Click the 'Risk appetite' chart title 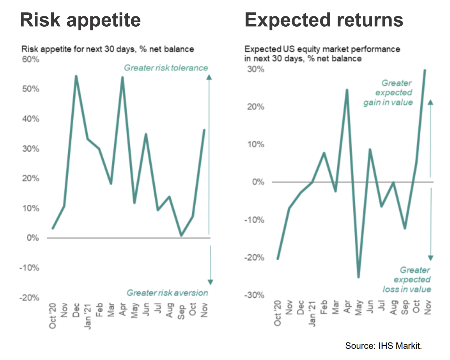coord(80,20)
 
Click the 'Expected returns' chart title coord(324,20)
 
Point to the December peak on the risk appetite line coord(76,76)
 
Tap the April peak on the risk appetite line coord(122,77)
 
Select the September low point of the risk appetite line coord(181,235)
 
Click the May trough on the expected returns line coord(358,277)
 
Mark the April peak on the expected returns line coord(347,90)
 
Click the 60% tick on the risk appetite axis coord(31,59)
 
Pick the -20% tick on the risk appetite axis coord(29,298)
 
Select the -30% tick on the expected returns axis coord(254,295)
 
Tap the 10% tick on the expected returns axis coord(256,144)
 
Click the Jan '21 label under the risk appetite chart coord(88,316)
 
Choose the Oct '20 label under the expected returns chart coord(277,313)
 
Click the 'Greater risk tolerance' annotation coord(166,68)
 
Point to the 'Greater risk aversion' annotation coord(167,293)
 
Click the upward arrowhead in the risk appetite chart coord(209,77)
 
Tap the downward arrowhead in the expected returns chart coord(431,258)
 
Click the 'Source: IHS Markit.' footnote coord(383,346)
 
